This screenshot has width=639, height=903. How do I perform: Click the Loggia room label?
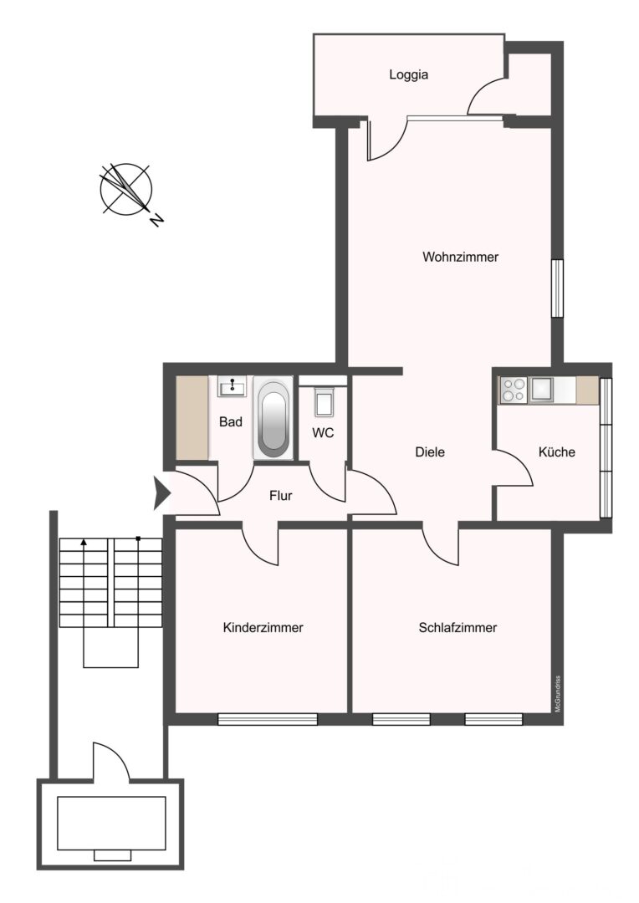[x=408, y=75]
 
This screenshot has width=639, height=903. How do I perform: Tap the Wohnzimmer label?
[x=460, y=257]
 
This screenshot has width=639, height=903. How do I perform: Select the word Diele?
[x=430, y=452]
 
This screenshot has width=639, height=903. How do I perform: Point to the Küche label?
[x=556, y=452]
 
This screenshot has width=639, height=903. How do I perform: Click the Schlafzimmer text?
[x=458, y=628]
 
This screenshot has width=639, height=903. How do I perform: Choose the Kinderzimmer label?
[x=263, y=628]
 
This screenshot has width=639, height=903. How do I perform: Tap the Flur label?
[x=280, y=495]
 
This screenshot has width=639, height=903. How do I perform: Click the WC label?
[x=323, y=432]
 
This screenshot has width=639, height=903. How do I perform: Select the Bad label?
[x=231, y=422]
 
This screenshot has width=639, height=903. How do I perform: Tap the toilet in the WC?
[x=324, y=400]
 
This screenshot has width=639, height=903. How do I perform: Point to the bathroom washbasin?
[x=232, y=385]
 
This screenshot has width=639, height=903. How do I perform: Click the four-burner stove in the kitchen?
[x=513, y=390]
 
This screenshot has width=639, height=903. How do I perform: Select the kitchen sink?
[x=543, y=390]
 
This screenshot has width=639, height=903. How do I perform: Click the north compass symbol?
[x=127, y=188]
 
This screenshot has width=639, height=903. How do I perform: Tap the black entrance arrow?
[x=162, y=493]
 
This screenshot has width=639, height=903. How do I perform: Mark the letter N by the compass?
[x=156, y=219]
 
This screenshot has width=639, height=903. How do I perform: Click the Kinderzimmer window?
[x=268, y=719]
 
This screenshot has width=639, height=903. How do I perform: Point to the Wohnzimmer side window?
[x=557, y=288]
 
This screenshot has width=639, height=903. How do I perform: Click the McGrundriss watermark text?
[x=558, y=694]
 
